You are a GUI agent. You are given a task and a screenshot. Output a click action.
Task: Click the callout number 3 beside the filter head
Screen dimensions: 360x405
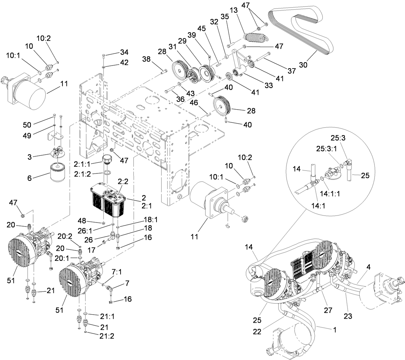30,157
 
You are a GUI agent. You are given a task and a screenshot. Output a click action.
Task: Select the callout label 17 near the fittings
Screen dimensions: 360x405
90,250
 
